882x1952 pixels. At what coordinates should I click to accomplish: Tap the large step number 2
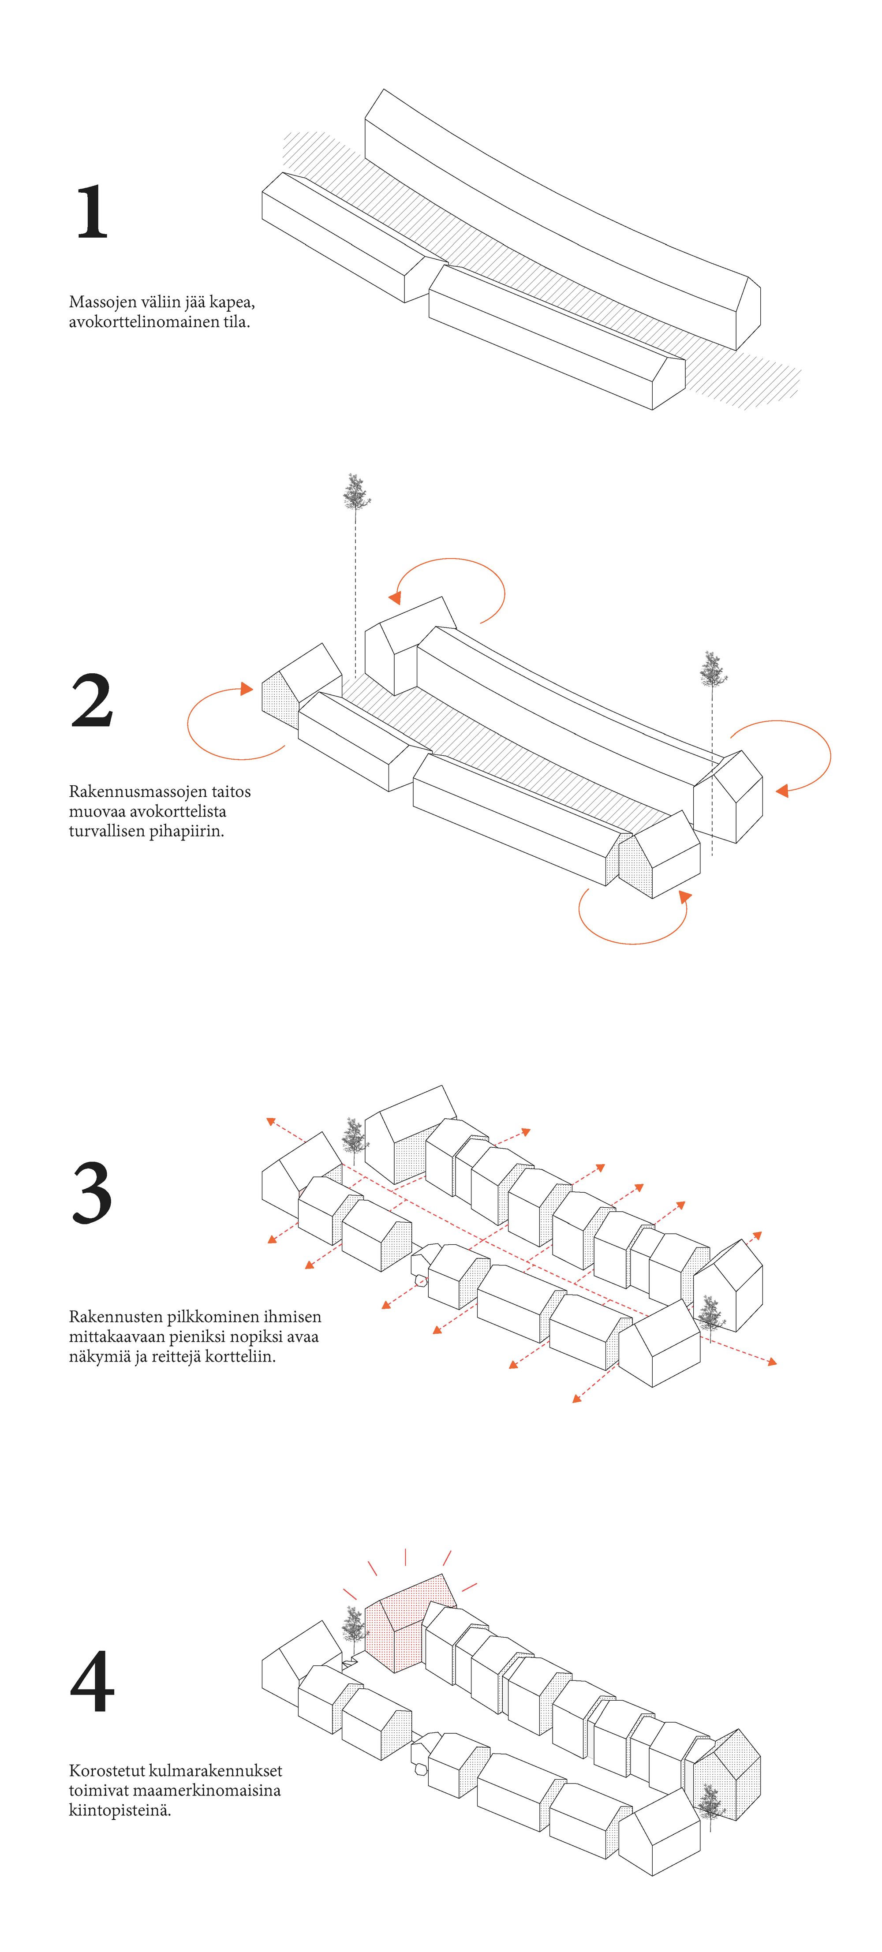coord(92,701)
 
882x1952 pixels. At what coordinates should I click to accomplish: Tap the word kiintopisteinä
coord(120,1810)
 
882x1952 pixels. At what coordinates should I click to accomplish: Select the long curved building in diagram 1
coord(561,212)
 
